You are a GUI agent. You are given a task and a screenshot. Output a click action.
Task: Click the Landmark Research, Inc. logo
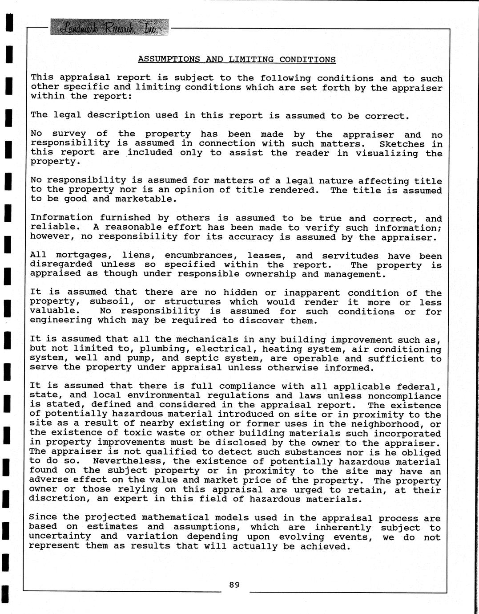coord(109,28)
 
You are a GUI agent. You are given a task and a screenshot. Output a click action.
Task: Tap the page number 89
coord(234,585)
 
